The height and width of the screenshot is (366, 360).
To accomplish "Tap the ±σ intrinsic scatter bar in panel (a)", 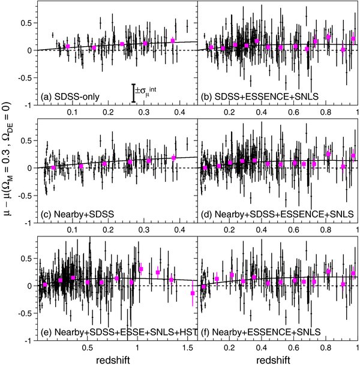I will [x=134, y=92].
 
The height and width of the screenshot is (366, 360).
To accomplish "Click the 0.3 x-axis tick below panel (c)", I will [x=144, y=230].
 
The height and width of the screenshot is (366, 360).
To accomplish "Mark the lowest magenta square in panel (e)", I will [x=193, y=293].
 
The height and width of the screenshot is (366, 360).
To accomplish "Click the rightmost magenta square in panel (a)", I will [x=173, y=41].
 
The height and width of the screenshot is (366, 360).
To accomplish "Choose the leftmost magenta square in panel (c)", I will [x=53, y=168].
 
